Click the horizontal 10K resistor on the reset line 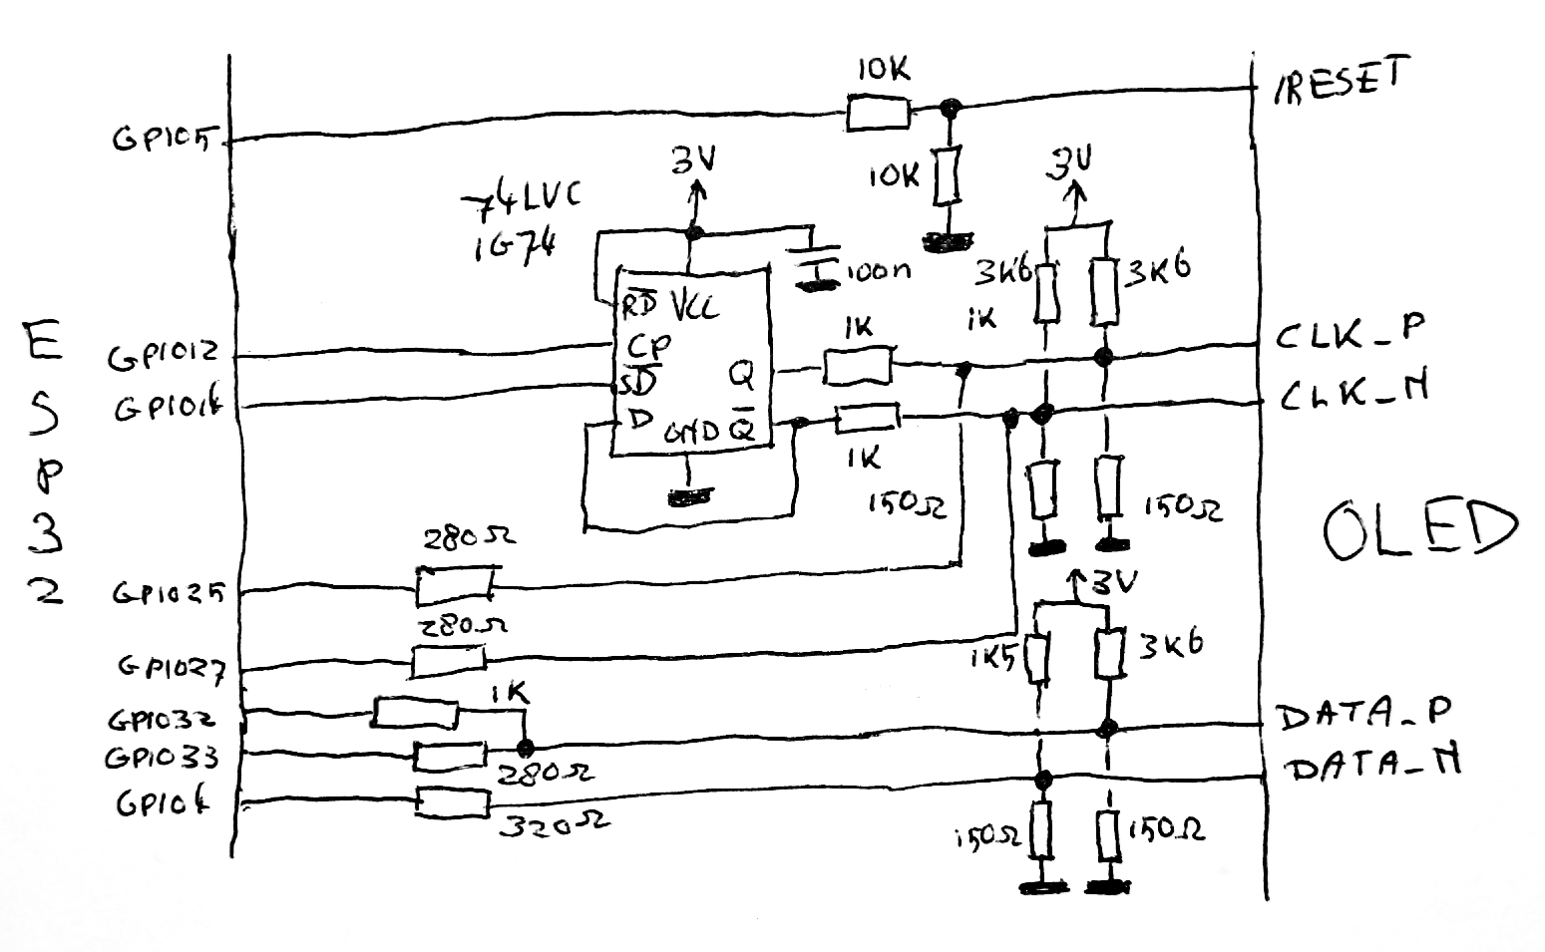pyautogui.click(x=878, y=113)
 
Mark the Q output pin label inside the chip pyautogui.click(x=742, y=375)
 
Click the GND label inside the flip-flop pyautogui.click(x=691, y=432)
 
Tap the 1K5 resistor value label pyautogui.click(x=991, y=659)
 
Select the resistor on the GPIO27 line pyautogui.click(x=449, y=660)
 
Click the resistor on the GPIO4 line pyautogui.click(x=453, y=803)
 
